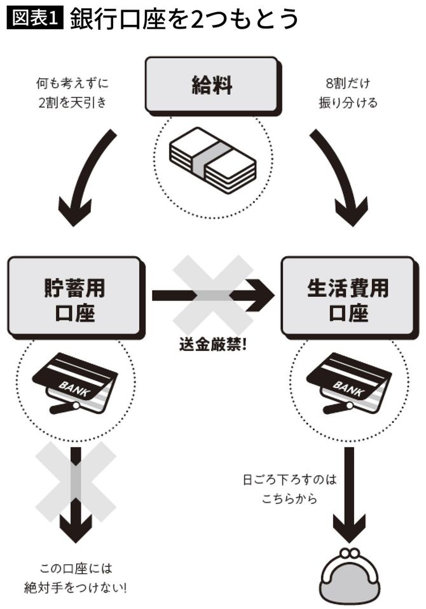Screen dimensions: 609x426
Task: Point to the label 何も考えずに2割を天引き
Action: [x=71, y=92]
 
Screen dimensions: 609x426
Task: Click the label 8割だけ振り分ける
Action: [x=347, y=92]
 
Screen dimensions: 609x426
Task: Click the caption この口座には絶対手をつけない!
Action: [x=76, y=577]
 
